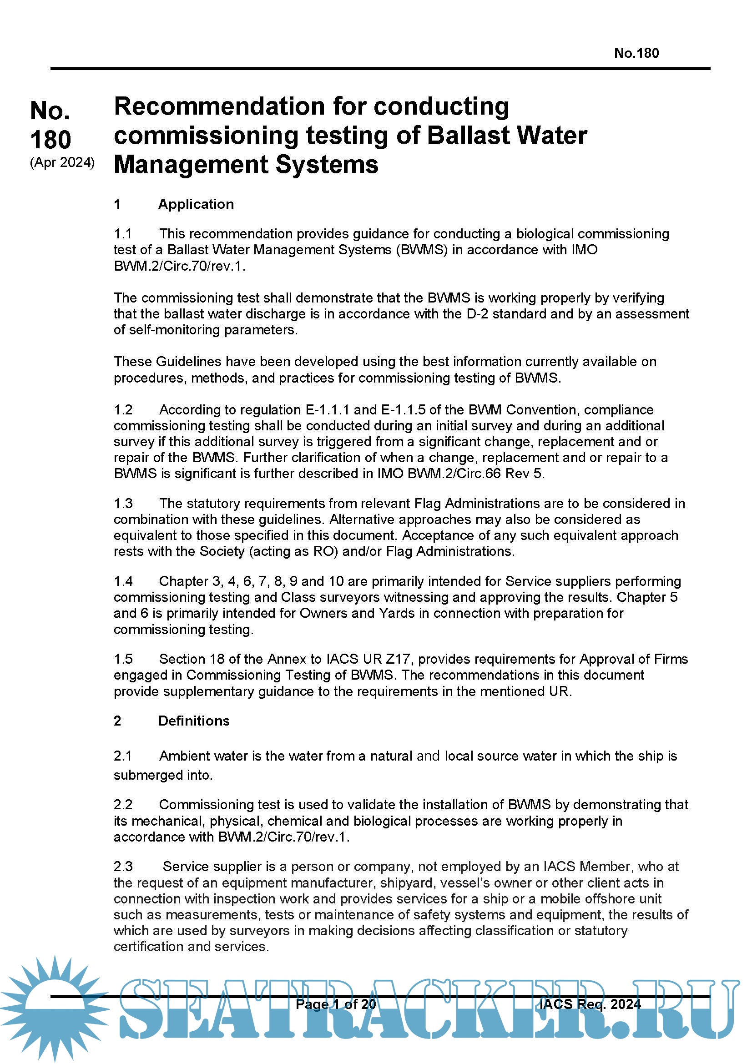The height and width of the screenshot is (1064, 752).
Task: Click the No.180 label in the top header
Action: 636,53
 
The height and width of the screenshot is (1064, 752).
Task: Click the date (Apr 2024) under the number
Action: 62,163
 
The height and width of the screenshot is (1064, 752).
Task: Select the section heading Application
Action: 196,204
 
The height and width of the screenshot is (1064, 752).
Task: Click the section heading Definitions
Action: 194,721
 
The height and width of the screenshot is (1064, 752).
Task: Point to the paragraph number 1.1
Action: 123,233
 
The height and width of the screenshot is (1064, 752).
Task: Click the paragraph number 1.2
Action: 123,410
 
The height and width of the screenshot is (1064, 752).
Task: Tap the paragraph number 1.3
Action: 123,503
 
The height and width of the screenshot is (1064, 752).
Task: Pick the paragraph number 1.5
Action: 123,659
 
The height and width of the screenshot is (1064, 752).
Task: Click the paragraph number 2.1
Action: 123,756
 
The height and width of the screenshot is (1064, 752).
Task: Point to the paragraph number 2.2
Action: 123,805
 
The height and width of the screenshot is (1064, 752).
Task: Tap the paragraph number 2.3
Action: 123,867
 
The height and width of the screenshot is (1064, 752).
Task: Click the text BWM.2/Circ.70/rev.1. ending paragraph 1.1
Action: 179,266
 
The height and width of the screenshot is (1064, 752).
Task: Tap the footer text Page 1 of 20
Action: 335,1004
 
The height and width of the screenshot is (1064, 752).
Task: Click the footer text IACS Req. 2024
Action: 590,1004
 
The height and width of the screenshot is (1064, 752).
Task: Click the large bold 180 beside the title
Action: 50,139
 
